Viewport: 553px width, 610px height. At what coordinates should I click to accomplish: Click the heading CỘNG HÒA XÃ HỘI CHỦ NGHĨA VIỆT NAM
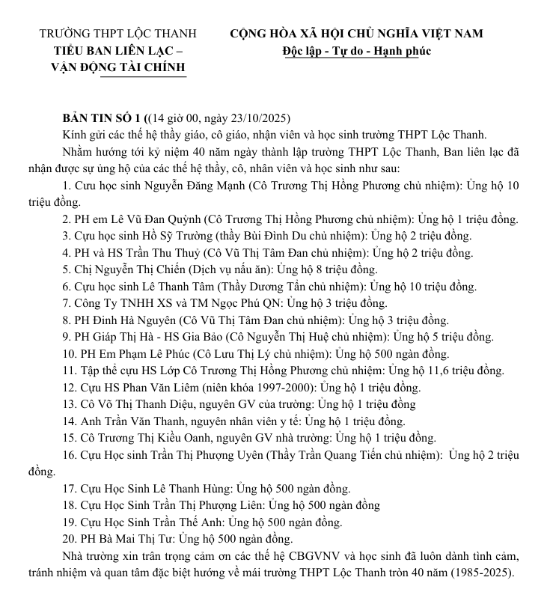[356, 34]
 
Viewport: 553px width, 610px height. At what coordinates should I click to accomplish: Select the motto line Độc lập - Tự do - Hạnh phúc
[356, 51]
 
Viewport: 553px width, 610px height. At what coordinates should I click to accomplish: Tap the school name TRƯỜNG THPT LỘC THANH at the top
[117, 34]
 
